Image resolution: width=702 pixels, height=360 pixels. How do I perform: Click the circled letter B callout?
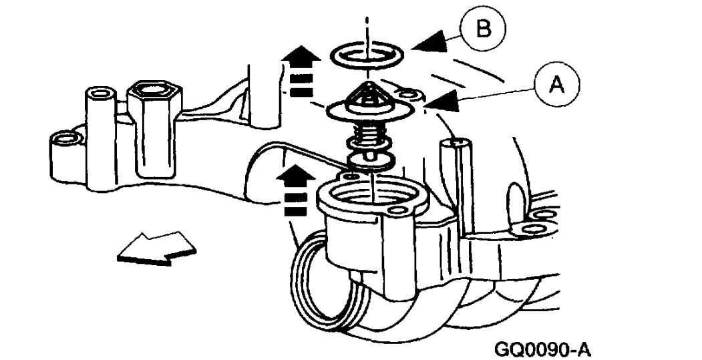point(483,31)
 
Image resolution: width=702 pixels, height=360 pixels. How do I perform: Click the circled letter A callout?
point(556,85)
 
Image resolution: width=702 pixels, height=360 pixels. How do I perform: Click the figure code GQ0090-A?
point(544,348)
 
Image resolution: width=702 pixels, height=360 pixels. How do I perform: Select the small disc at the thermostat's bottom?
point(369,160)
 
